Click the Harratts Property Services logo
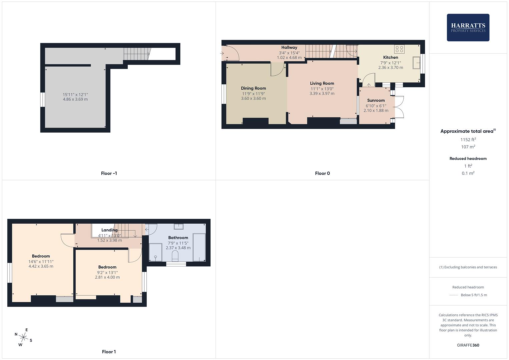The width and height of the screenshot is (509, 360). (x=468, y=27)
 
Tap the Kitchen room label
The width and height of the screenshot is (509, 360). (x=390, y=57)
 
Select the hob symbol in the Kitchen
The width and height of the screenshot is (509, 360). (x=399, y=49)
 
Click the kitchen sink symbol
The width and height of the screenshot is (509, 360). (x=416, y=63)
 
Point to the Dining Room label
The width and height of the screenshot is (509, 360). (x=253, y=88)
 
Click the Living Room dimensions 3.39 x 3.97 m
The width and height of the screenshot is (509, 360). (x=322, y=94)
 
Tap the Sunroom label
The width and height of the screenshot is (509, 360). (x=376, y=100)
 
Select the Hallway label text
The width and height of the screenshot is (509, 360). (x=289, y=47)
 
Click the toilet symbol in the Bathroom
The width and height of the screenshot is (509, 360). (x=175, y=257)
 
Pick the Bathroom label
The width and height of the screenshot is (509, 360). (x=178, y=238)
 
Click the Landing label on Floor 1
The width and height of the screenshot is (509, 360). (x=109, y=230)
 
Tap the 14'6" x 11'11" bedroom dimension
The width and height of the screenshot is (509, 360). (x=41, y=262)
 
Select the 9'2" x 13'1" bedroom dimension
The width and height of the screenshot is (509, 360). (x=107, y=272)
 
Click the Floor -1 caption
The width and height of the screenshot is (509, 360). (x=109, y=173)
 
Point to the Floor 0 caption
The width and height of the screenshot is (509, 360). (x=322, y=173)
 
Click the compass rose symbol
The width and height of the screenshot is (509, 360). (x=23, y=337)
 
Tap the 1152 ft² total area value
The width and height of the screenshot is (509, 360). (x=468, y=140)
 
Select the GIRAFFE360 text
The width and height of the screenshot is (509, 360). (x=468, y=345)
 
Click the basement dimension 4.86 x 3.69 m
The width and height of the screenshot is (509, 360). (x=75, y=99)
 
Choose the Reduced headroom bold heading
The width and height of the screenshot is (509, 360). (x=468, y=159)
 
